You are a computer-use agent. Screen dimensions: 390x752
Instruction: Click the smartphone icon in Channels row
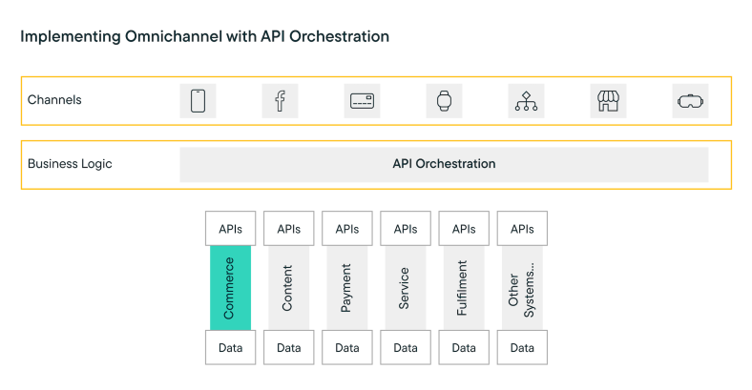click(198, 100)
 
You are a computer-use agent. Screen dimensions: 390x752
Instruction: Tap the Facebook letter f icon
click(280, 100)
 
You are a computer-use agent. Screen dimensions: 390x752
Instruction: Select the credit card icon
click(362, 100)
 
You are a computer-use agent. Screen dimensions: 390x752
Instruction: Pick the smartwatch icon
click(444, 100)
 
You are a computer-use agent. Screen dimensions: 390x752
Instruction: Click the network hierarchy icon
click(526, 100)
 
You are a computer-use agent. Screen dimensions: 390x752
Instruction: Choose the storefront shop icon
click(608, 100)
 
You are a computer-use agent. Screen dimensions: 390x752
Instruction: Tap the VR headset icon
click(690, 100)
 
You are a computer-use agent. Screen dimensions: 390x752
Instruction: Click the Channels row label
click(54, 100)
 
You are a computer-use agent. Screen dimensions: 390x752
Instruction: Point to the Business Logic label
click(70, 164)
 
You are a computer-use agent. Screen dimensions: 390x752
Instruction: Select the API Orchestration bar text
click(444, 164)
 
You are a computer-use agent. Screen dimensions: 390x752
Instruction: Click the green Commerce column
click(230, 288)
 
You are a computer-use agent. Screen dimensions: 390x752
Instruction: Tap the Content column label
click(288, 288)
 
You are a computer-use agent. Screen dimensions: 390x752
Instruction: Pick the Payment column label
click(346, 288)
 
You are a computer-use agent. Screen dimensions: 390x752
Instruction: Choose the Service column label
click(405, 288)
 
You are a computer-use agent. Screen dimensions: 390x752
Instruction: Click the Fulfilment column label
click(463, 288)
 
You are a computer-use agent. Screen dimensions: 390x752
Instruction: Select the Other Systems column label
click(522, 288)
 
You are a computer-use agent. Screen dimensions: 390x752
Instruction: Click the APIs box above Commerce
click(230, 229)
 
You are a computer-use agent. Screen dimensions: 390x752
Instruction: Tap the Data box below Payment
click(346, 348)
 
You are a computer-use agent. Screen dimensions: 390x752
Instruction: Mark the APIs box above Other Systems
click(522, 229)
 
